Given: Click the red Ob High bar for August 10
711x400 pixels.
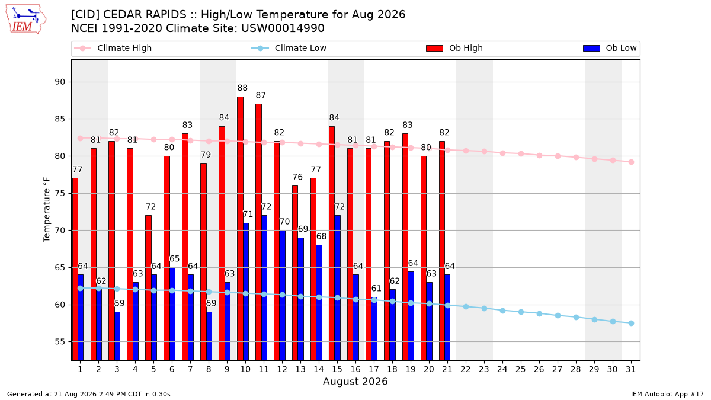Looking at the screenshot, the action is click(241, 229).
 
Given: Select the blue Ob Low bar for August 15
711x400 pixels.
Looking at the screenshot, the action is click(337, 288).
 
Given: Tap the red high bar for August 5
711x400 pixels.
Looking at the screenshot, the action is click(149, 288).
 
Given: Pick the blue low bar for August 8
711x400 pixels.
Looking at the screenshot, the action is click(209, 336).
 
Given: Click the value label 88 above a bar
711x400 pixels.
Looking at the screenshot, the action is click(242, 88).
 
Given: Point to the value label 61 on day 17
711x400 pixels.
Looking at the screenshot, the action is click(376, 289).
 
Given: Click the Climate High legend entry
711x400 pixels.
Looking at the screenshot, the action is click(113, 48).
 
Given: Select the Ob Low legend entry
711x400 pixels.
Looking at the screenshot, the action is click(610, 48).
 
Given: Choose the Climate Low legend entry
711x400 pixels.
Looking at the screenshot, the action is click(289, 48).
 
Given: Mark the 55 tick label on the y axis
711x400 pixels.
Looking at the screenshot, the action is click(60, 342).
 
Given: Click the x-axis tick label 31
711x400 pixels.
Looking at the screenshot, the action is click(630, 370).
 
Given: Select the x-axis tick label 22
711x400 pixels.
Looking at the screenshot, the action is click(466, 370).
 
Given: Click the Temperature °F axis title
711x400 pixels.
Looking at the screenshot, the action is click(47, 210).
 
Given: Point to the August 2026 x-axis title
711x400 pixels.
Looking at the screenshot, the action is click(355, 381).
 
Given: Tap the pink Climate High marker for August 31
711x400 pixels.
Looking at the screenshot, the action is click(632, 162).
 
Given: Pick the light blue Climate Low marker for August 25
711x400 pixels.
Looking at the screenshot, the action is click(521, 312).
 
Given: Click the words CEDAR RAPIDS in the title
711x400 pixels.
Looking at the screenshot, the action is click(145, 15).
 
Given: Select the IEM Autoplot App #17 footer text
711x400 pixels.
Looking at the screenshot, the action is click(667, 394).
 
